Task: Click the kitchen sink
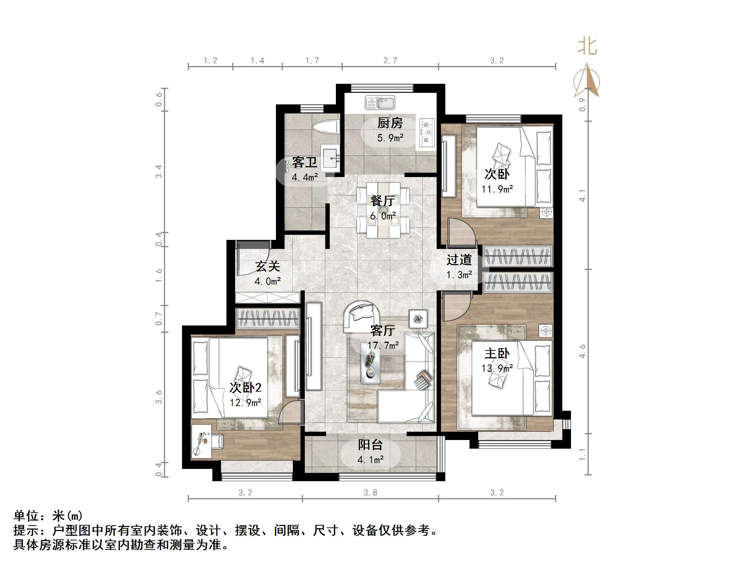380,102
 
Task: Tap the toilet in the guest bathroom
326,127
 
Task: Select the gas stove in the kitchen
427,133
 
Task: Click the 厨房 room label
390,123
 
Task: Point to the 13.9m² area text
497,368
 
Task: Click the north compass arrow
587,81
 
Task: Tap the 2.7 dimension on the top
390,61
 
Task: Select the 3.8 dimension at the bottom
370,493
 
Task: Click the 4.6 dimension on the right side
583,351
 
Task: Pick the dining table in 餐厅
383,210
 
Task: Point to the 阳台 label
370,445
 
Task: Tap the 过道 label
459,260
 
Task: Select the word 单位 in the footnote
26,516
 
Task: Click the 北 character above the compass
587,47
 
